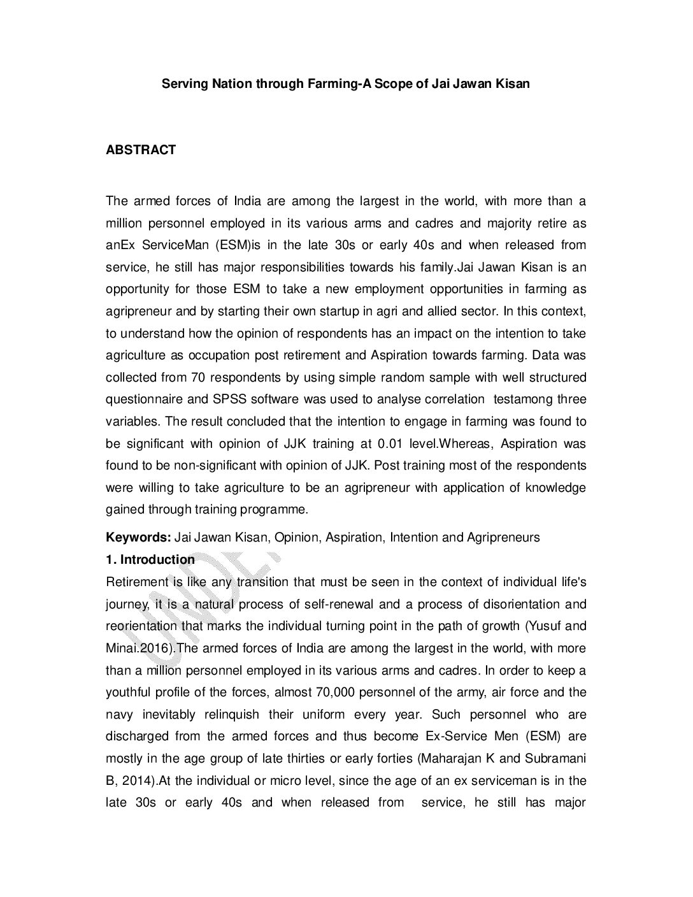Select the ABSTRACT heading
141,150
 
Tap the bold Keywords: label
138,537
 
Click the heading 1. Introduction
150,559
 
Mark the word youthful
129,692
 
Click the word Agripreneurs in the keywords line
503,537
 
